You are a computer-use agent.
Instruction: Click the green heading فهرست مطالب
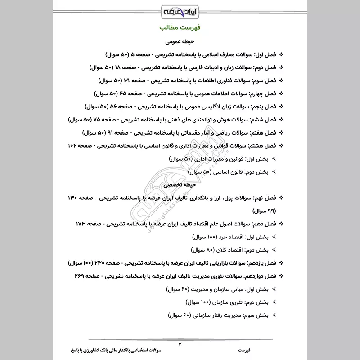pos(180,28)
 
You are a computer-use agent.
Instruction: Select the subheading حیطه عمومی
pos(180,42)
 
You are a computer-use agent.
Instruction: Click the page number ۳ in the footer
pos(180,344)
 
